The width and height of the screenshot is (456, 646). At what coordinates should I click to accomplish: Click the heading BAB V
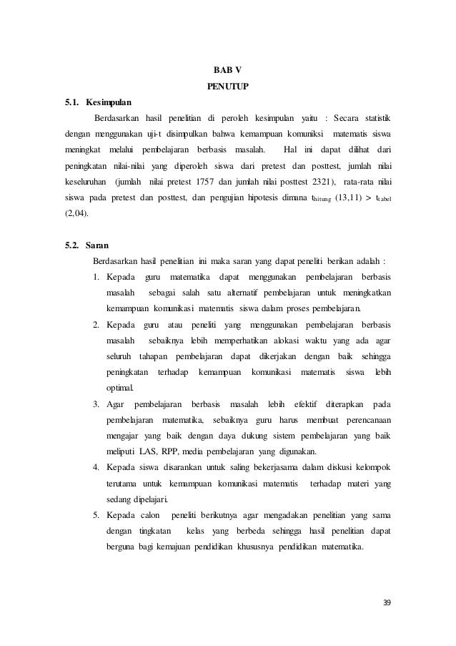coord(228,70)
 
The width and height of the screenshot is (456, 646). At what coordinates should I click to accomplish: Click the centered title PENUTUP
coord(228,87)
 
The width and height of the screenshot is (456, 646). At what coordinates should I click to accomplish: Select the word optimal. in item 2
coord(119,388)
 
